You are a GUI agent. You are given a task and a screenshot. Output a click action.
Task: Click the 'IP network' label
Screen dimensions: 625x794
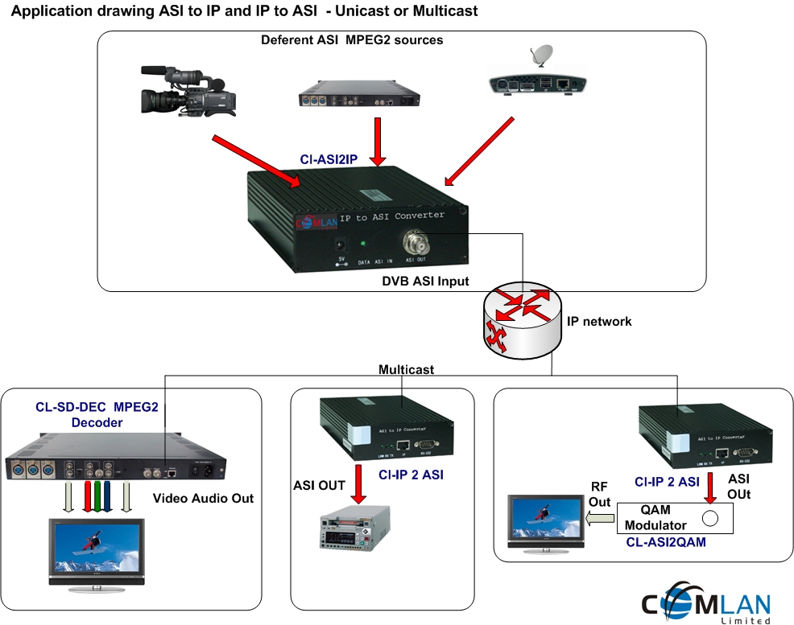coord(599,321)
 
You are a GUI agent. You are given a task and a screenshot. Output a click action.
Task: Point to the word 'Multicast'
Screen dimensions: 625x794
coord(407,369)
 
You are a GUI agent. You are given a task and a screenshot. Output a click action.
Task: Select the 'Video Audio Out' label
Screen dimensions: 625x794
coord(203,499)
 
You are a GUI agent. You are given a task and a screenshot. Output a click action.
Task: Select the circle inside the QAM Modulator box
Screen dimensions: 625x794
coord(710,517)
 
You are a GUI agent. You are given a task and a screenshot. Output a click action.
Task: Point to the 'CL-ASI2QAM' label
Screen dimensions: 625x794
coord(665,543)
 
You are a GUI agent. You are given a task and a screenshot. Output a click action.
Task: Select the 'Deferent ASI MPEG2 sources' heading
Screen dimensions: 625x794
coord(352,39)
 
